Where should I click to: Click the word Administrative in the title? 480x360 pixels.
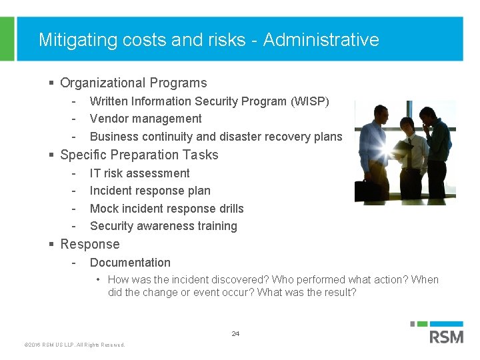321,40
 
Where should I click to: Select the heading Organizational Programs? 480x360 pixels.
133,83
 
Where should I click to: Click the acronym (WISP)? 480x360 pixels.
309,101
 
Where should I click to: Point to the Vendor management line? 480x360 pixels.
145,119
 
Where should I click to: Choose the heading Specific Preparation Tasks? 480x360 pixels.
139,155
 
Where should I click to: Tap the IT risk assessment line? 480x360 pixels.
139,173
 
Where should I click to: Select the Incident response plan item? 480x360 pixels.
150,191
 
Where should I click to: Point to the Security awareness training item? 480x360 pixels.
163,226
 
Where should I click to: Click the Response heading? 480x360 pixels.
90,244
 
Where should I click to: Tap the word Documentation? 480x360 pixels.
130,263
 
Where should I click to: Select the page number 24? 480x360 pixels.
235,333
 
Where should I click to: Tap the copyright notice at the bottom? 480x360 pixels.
74,345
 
